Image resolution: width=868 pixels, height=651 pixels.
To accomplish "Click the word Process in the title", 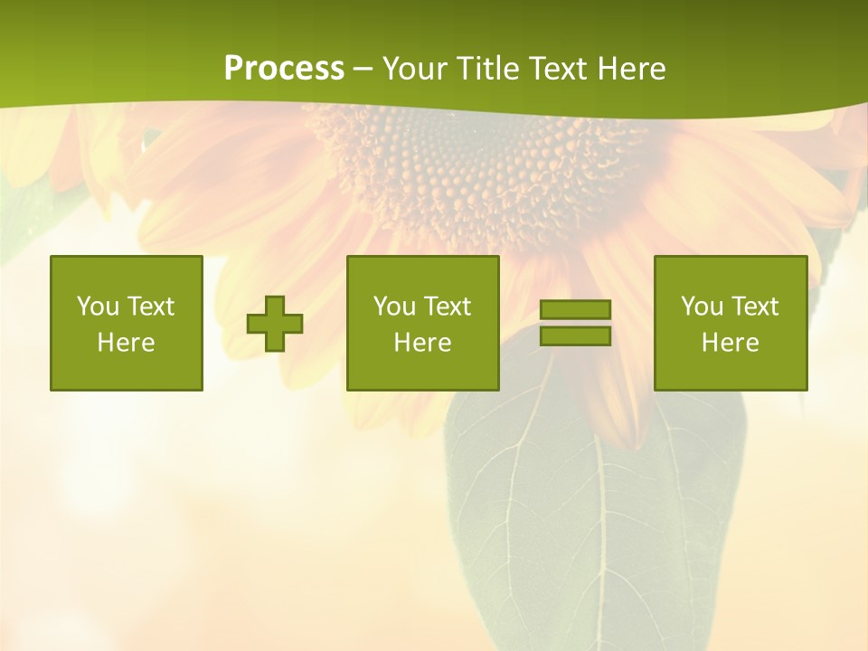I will pos(284,69).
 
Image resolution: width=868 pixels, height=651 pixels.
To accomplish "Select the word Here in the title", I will pos(630,69).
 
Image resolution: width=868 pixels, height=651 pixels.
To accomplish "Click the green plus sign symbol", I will pos(275,324).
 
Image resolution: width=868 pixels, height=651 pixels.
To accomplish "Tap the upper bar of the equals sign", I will pos(575,309).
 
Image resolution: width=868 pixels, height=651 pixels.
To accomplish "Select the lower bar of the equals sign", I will pos(575,336).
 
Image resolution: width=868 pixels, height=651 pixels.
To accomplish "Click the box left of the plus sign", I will pos(126,323).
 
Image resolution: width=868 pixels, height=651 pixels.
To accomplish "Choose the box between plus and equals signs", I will pos(422,323).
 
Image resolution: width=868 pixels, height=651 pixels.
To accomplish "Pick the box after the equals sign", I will pos(730,323).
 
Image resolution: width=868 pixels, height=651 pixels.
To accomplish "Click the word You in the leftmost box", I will pos(97,307).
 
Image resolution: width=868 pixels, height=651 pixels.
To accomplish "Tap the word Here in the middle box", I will pos(422,343).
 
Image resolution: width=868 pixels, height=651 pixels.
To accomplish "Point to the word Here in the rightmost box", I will pos(730,343).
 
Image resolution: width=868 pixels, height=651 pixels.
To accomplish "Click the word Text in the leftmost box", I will pos(150,307).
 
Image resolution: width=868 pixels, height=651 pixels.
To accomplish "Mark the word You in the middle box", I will pos(393,307).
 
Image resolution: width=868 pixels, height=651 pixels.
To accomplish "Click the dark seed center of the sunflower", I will pos(479,163).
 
